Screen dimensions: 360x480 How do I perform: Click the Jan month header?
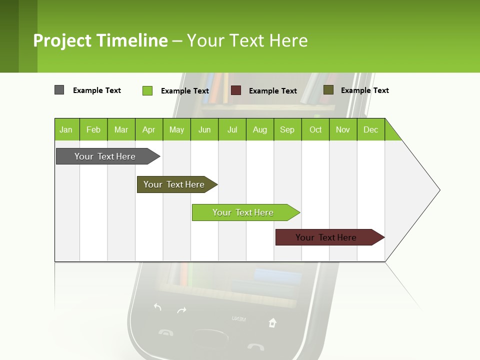pyautogui.click(x=66, y=129)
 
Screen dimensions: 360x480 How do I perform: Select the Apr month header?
pyautogui.click(x=148, y=129)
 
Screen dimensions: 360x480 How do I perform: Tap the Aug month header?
pyautogui.click(x=259, y=129)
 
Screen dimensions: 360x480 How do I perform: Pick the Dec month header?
pyautogui.click(x=370, y=129)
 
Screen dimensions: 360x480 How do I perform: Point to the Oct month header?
pyautogui.click(x=315, y=129)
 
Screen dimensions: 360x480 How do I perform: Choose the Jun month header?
pyautogui.click(x=204, y=129)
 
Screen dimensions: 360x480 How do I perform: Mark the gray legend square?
pyautogui.click(x=59, y=90)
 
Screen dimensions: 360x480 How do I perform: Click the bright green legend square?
pyautogui.click(x=147, y=90)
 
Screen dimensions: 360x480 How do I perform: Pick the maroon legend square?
pyautogui.click(x=236, y=90)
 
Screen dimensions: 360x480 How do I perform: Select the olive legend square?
pyautogui.click(x=328, y=90)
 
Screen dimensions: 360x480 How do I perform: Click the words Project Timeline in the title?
pyautogui.click(x=100, y=40)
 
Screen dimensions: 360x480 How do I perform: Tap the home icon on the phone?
pyautogui.click(x=272, y=322)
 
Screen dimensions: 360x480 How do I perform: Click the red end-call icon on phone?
pyautogui.click(x=256, y=346)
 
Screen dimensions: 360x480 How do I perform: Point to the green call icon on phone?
pyautogui.click(x=165, y=332)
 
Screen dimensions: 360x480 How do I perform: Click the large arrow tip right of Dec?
pyautogui.click(x=420, y=190)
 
